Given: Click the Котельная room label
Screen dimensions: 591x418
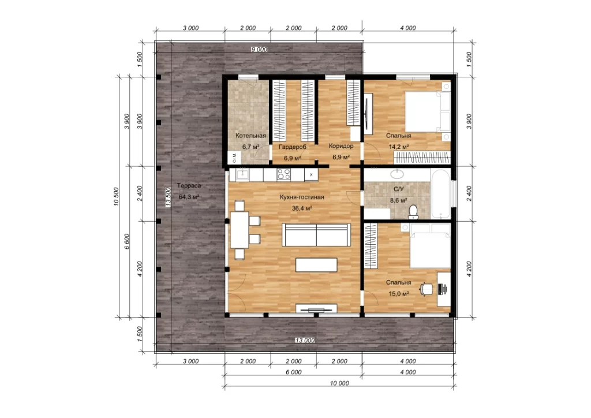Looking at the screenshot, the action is [250, 136].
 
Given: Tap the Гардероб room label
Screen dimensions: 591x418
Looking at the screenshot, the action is [293, 147].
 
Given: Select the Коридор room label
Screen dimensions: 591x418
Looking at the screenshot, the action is [341, 146].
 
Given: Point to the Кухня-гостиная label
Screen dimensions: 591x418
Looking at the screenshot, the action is [302, 197].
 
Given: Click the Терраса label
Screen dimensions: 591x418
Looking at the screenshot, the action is [189, 186].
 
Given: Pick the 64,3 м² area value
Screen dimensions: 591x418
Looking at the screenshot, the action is [189, 197].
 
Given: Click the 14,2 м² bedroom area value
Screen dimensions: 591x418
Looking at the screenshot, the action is [399, 147].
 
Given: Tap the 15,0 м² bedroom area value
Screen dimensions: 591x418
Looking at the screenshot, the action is [399, 294].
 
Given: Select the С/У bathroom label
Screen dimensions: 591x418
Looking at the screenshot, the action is [398, 189].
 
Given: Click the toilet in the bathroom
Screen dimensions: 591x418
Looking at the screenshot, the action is [413, 212].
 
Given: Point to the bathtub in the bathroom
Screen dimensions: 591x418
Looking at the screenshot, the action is [440, 194].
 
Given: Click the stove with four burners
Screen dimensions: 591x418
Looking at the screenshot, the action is [284, 174].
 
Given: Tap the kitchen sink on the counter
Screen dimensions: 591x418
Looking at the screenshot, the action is [242, 174].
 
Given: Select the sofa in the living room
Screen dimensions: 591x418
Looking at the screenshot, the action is [316, 235].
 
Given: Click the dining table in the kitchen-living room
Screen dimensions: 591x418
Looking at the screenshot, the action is [240, 230].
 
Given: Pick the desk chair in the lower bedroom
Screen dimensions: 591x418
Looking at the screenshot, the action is [427, 289].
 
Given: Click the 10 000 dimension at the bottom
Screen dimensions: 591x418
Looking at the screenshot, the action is [339, 383].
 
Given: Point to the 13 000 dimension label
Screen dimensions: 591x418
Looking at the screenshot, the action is [305, 341].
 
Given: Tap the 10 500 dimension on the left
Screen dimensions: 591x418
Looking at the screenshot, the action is [116, 197].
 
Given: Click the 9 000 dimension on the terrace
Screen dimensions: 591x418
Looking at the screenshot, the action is [259, 50].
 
